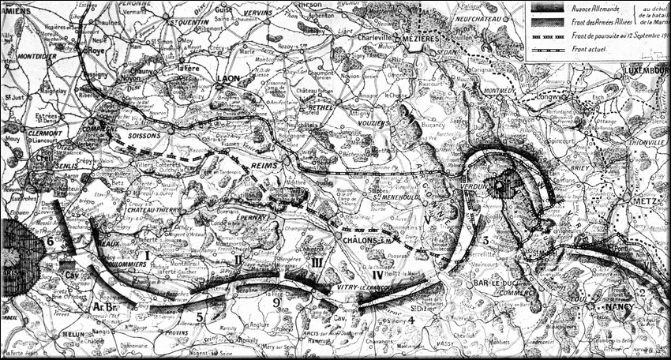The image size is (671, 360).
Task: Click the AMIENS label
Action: click(x=17, y=6)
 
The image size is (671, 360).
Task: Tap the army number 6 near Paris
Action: click(x=50, y=241)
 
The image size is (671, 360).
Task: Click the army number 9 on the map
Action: click(x=276, y=301)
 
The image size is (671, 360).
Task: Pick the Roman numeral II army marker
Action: click(x=238, y=259)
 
